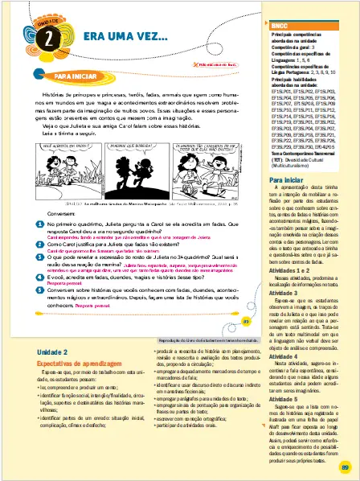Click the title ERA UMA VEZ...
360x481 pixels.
click(119, 37)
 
